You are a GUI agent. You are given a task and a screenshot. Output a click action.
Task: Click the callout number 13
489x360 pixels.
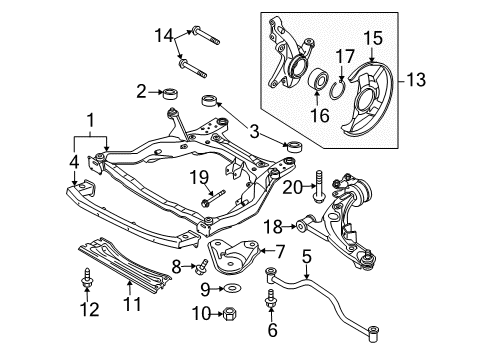(x=416, y=80)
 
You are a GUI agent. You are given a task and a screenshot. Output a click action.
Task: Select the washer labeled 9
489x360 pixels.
(x=233, y=287)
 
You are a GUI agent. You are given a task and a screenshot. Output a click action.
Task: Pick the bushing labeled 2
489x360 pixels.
(x=170, y=93)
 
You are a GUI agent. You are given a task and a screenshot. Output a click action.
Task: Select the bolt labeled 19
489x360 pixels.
(x=213, y=198)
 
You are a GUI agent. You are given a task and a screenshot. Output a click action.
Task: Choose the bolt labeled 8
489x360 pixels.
(x=201, y=267)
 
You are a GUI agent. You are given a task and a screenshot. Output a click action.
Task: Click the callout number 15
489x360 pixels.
(x=373, y=38)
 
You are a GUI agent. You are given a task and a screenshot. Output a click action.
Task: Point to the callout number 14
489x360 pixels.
(x=164, y=35)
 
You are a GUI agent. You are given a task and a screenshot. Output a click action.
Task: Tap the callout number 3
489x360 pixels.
(x=254, y=132)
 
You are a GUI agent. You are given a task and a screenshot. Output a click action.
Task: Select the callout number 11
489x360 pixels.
(x=132, y=303)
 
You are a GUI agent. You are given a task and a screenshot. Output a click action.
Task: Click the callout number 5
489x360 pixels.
(x=307, y=257)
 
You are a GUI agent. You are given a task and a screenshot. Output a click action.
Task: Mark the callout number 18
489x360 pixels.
(x=273, y=227)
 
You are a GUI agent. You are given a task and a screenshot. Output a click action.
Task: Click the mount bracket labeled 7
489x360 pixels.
(x=234, y=257)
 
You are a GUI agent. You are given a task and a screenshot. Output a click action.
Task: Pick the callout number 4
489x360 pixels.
(x=74, y=162)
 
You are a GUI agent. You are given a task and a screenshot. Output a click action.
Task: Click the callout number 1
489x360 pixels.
(x=90, y=120)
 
